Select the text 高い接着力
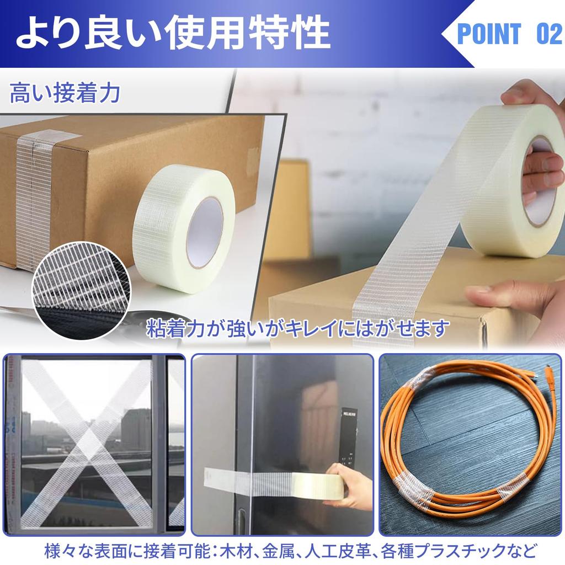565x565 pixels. click(x=65, y=94)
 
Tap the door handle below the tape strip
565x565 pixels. click(x=242, y=519)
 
